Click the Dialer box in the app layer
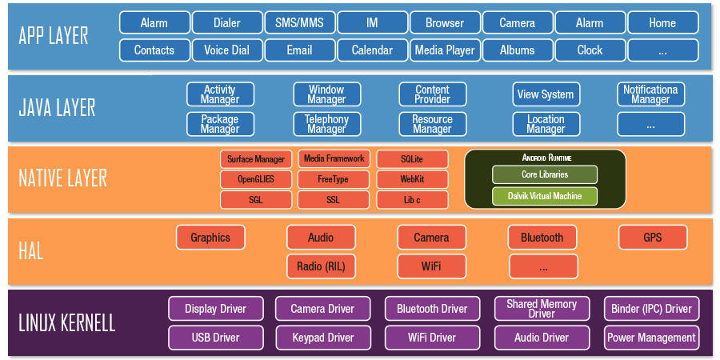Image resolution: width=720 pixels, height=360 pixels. [x=227, y=22]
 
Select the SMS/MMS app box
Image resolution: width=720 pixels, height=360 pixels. [x=299, y=22]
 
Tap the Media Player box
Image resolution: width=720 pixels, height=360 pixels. [x=445, y=50]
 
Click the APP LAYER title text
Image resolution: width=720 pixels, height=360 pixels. [x=54, y=36]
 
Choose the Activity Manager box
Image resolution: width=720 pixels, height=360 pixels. [x=220, y=94]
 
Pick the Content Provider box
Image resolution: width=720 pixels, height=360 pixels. [x=432, y=94]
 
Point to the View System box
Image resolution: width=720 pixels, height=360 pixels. [x=546, y=94]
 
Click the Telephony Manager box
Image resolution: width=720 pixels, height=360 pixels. [x=326, y=124]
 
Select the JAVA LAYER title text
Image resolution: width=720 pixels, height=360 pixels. [x=57, y=108]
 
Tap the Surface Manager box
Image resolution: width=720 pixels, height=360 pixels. [x=256, y=158]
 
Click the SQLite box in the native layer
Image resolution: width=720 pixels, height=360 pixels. [x=412, y=158]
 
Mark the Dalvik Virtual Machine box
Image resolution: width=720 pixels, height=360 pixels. [x=545, y=196]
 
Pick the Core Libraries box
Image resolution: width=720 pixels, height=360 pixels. [x=545, y=174]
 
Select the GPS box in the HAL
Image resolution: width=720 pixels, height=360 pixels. [x=652, y=238]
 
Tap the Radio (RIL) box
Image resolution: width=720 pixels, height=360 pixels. [x=321, y=266]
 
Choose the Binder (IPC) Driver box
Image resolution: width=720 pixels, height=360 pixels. [x=651, y=308]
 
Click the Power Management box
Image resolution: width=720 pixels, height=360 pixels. [x=651, y=338]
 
